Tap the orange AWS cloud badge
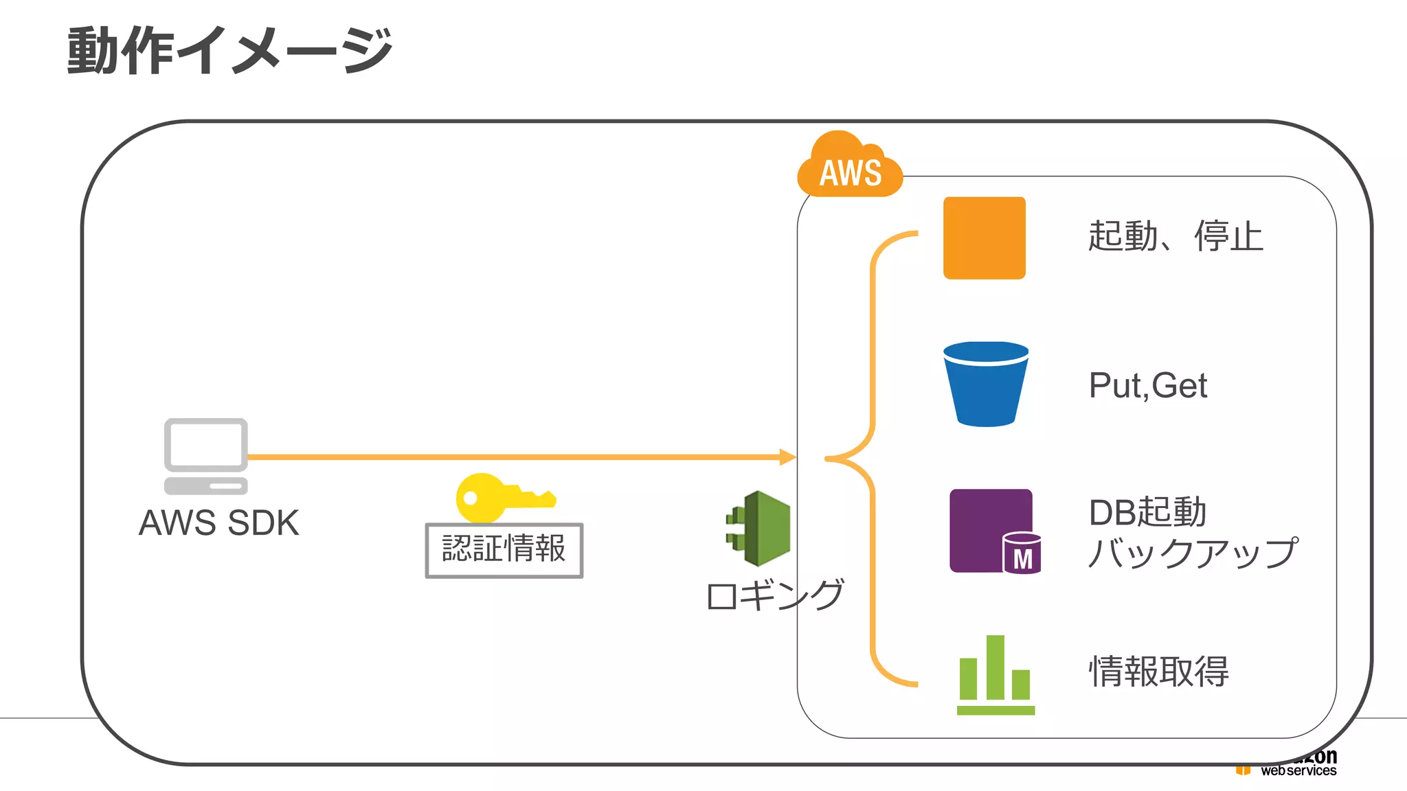click(x=850, y=168)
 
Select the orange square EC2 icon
click(x=984, y=238)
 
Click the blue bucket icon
click(x=986, y=384)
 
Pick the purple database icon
click(x=989, y=529)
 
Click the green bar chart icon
click(x=995, y=676)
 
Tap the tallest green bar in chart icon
click(x=995, y=667)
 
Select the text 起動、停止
click(x=1175, y=236)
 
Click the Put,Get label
click(x=1147, y=385)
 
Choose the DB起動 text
click(x=1147, y=512)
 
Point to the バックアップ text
click(x=1193, y=553)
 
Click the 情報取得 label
click(x=1159, y=671)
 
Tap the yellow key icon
click(x=502, y=497)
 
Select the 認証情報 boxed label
click(x=504, y=550)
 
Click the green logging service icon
click(x=759, y=529)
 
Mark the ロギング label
click(x=774, y=595)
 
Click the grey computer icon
click(x=205, y=456)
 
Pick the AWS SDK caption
click(x=218, y=523)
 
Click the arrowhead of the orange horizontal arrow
click(x=788, y=457)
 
